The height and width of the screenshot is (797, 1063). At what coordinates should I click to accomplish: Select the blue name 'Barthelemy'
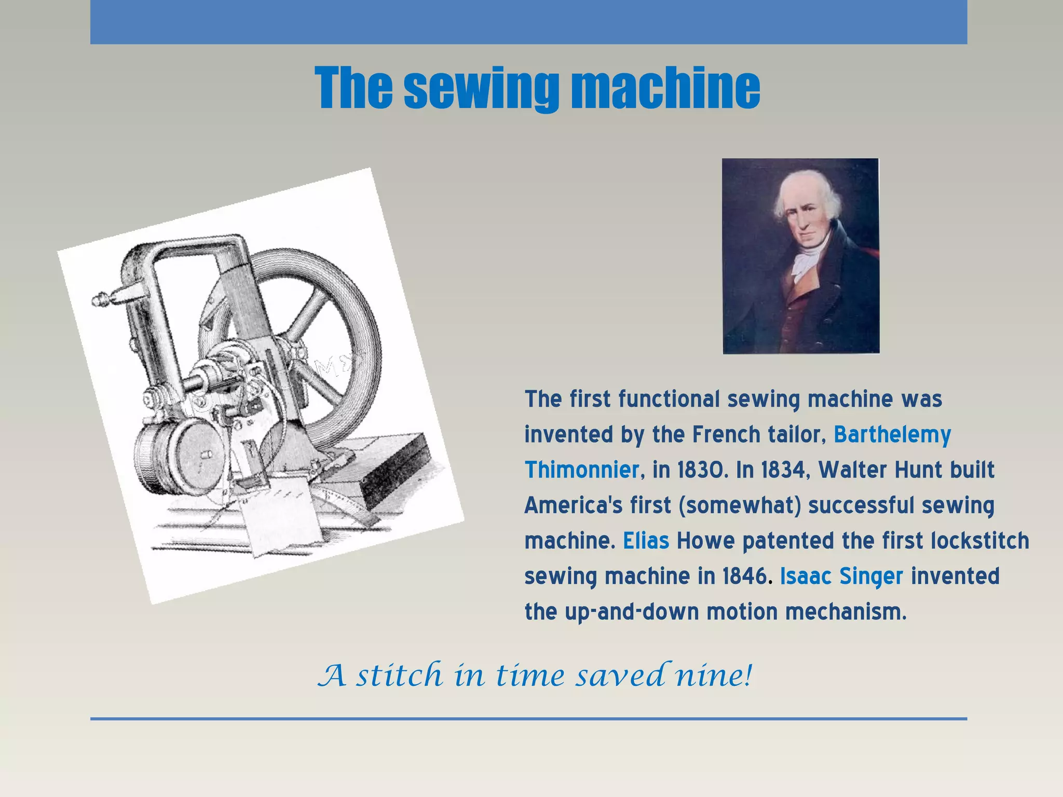(892, 434)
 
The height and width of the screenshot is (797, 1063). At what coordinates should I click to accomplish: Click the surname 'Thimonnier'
(582, 470)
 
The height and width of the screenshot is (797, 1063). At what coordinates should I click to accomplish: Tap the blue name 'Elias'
(646, 541)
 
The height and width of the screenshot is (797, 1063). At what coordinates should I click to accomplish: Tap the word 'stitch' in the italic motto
(399, 675)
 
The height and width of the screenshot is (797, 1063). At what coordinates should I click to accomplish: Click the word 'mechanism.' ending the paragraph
(846, 612)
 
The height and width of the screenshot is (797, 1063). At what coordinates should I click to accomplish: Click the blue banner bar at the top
(528, 22)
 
